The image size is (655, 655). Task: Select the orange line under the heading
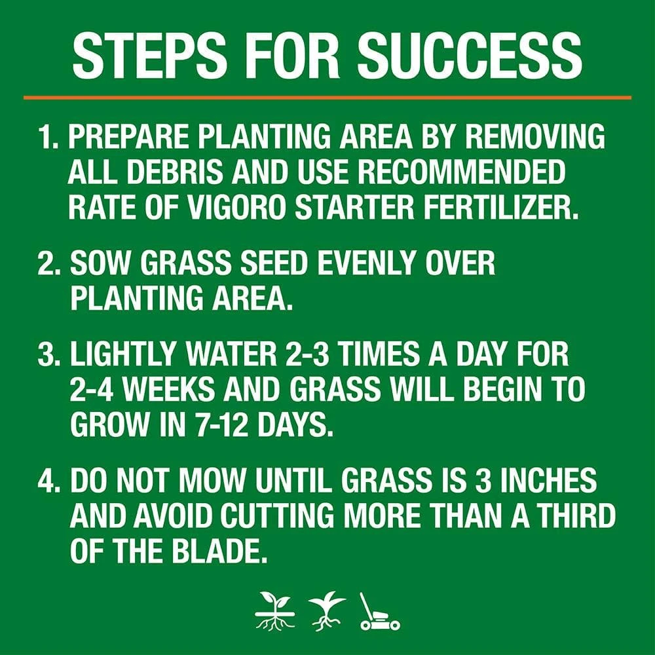click(327, 98)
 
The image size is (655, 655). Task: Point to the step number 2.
click(49, 263)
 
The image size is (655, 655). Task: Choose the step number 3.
click(49, 357)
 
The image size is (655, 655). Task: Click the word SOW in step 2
click(99, 263)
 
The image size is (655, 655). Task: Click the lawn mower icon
click(379, 612)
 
